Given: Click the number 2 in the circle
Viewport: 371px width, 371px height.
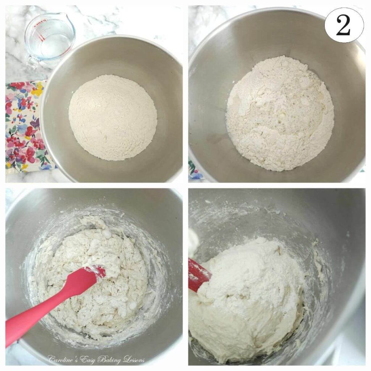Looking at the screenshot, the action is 343,25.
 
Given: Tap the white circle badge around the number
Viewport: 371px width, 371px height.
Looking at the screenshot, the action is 343,25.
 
